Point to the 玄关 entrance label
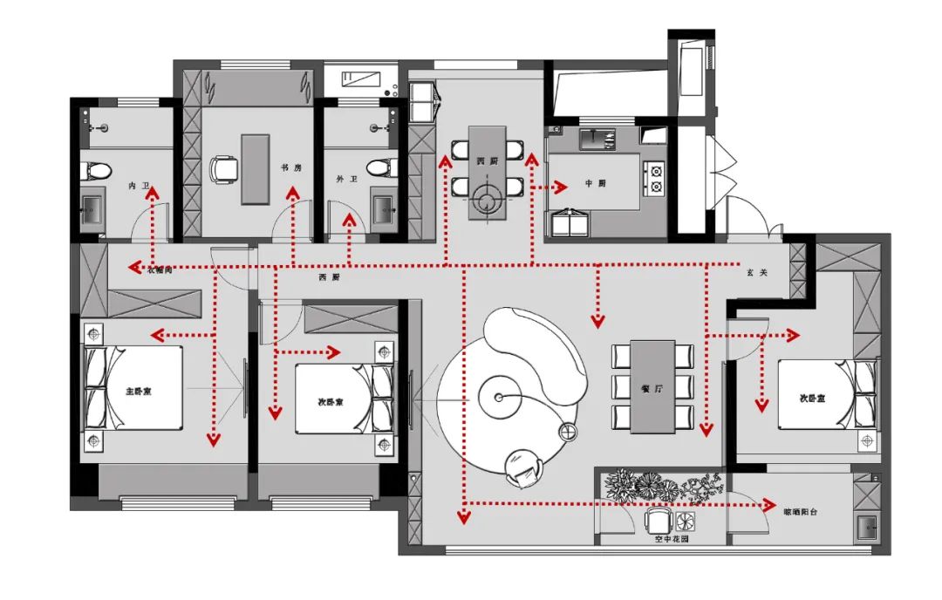(756, 273)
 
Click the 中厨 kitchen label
(595, 185)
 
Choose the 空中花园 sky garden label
(672, 539)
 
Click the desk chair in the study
(224, 167)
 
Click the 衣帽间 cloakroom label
(160, 269)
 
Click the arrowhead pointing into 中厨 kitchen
(558, 186)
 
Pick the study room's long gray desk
(256, 168)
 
